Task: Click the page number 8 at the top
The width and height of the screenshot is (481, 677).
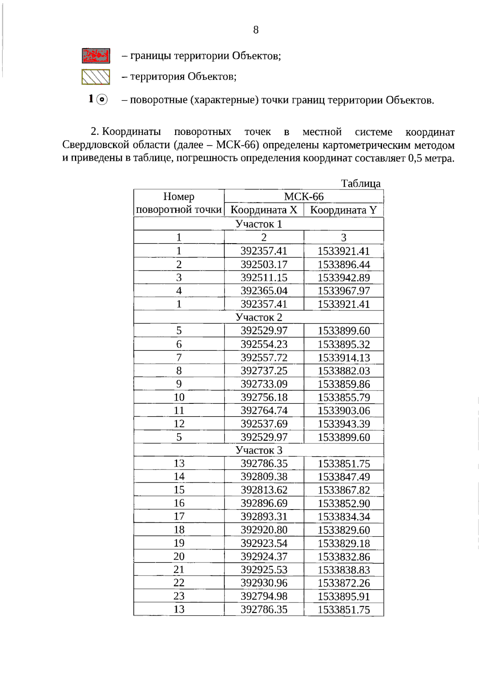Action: pyautogui.click(x=256, y=30)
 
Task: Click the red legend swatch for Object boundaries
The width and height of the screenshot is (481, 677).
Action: pyautogui.click(x=96, y=56)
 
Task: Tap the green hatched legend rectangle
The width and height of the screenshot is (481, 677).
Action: pyautogui.click(x=96, y=77)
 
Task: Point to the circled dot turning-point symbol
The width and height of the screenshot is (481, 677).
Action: pyautogui.click(x=102, y=99)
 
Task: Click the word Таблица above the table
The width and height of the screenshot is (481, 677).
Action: pyautogui.click(x=361, y=183)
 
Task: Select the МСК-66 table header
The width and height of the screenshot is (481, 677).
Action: pyautogui.click(x=303, y=196)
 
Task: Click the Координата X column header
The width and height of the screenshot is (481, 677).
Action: pyautogui.click(x=264, y=210)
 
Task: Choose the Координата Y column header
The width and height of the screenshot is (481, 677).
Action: pyautogui.click(x=344, y=210)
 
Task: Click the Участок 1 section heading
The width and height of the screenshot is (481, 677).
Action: pyautogui.click(x=259, y=224)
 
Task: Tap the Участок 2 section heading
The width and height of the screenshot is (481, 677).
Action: pyautogui.click(x=259, y=317)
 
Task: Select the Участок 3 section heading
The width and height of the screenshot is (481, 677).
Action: pyautogui.click(x=259, y=450)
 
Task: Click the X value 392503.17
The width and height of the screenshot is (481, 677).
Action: pyautogui.click(x=264, y=264)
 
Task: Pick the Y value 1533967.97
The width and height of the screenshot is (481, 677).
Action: pyautogui.click(x=344, y=291)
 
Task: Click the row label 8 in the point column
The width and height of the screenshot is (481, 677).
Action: pyautogui.click(x=179, y=371)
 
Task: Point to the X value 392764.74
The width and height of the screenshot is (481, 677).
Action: pyautogui.click(x=264, y=411)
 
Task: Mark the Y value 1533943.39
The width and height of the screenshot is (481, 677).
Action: pyautogui.click(x=344, y=424)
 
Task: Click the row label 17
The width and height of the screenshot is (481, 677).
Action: pyautogui.click(x=179, y=516)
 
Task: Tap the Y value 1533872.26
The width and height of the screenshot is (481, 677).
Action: pyautogui.click(x=344, y=583)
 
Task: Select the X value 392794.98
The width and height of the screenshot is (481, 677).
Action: pyautogui.click(x=264, y=596)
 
